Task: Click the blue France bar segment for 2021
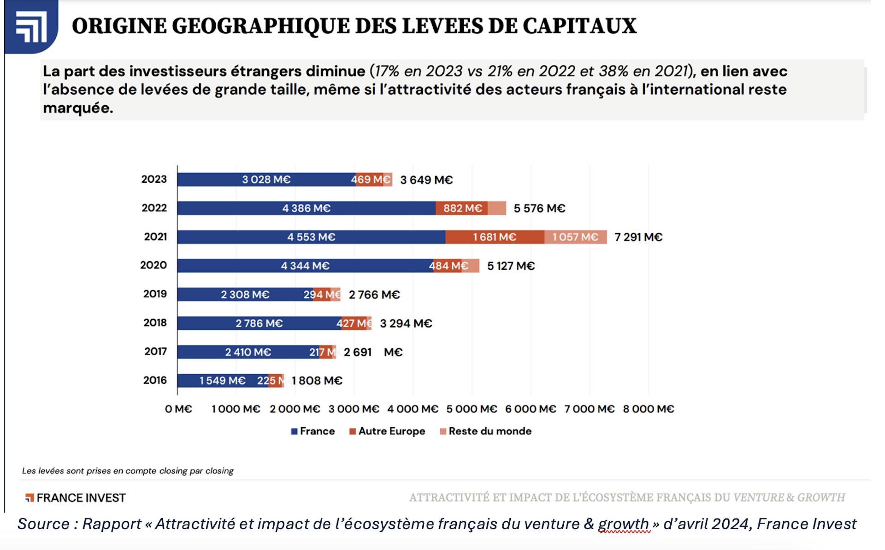coord(311,237)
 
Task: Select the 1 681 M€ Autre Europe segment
coord(495,237)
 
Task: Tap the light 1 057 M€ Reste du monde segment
coord(575,237)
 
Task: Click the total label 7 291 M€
coord(638,237)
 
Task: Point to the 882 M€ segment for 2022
coord(462,208)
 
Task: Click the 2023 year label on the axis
coord(154,179)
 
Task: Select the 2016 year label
coord(155,380)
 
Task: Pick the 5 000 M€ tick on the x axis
coord(472,409)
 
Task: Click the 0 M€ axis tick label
coord(178,409)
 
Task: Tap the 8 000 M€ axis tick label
coord(648,409)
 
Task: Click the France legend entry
coord(313,431)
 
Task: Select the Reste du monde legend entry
coord(486,431)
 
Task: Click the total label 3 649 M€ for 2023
coord(426,180)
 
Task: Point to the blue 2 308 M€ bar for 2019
coord(245,294)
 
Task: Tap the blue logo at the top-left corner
coord(31,26)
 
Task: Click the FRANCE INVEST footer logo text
coord(76,498)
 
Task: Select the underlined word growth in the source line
coord(623,524)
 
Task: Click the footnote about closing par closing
coord(128,471)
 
